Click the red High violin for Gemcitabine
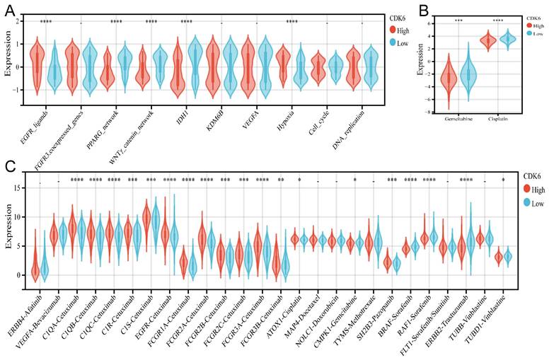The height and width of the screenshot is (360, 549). click(x=448, y=78)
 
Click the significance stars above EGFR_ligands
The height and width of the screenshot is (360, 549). click(x=46, y=22)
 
